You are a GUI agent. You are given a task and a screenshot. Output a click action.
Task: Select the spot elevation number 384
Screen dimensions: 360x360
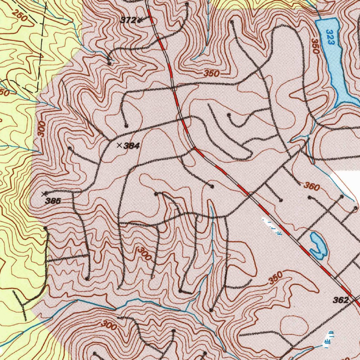(132, 146)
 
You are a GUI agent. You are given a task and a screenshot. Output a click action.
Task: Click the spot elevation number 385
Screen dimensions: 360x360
(53, 201)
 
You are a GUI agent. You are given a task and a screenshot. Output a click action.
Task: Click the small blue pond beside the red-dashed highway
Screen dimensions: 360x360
(318, 246)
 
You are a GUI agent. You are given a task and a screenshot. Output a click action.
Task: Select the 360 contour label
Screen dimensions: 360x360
(311, 186)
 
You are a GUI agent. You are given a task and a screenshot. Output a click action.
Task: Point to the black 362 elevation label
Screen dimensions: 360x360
(340, 300)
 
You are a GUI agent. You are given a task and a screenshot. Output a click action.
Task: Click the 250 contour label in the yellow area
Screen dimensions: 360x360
(20, 16)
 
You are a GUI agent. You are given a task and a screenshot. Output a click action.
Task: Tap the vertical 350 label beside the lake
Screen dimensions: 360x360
(315, 46)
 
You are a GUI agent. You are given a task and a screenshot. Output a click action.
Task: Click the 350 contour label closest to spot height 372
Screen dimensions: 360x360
(211, 73)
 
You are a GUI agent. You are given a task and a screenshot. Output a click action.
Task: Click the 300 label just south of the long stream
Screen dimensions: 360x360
(109, 325)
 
